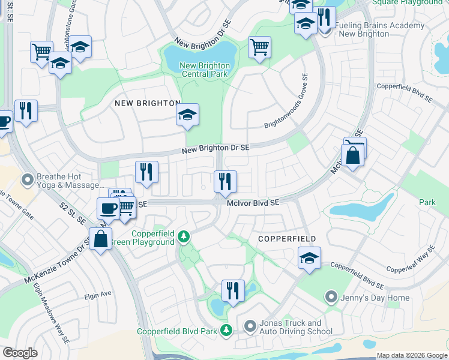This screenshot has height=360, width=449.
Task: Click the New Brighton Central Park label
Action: pyautogui.click(x=204, y=70)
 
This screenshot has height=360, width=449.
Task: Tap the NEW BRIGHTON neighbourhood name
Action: pyautogui.click(x=147, y=103)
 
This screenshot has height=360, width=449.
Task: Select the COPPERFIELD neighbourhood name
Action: pyautogui.click(x=287, y=239)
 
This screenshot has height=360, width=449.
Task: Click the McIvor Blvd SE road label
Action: pyautogui.click(x=253, y=203)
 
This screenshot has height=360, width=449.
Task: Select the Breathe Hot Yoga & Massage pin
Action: pyautogui.click(x=27, y=179)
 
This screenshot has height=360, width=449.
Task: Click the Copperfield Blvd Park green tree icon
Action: pyautogui.click(x=226, y=331)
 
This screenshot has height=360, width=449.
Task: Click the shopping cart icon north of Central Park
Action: pyautogui.click(x=259, y=47)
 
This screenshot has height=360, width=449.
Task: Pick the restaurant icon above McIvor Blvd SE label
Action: pyautogui.click(x=225, y=181)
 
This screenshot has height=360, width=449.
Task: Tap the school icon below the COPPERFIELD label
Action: pyautogui.click(x=309, y=259)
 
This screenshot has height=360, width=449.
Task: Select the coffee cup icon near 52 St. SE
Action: pyautogui.click(x=108, y=208)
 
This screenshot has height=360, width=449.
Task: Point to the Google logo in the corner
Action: pyautogui.click(x=20, y=353)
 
